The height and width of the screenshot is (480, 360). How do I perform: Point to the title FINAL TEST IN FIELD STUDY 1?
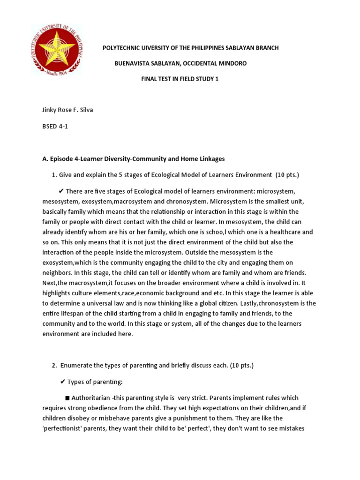[x=180, y=79]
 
